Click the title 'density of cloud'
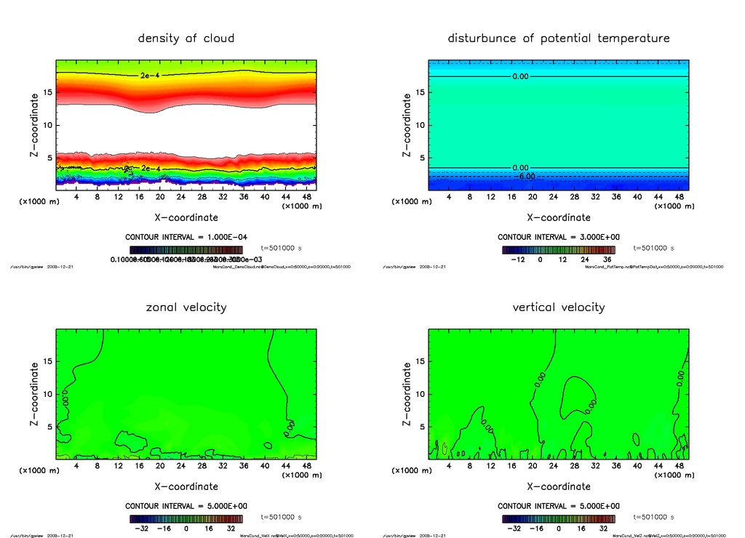click(186, 38)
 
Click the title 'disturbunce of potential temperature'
click(558, 38)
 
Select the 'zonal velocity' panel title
click(186, 307)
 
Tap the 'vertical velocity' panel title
click(558, 307)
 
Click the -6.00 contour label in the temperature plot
click(525, 176)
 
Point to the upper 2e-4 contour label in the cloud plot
click(148, 74)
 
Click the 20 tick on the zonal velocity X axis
click(160, 466)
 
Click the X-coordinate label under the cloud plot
click(186, 217)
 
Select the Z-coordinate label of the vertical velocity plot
click(407, 394)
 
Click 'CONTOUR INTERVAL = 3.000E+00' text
click(559, 237)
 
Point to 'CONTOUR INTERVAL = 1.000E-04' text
click(186, 237)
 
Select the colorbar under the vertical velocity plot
click(558, 519)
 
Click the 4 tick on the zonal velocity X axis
click(76, 466)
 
